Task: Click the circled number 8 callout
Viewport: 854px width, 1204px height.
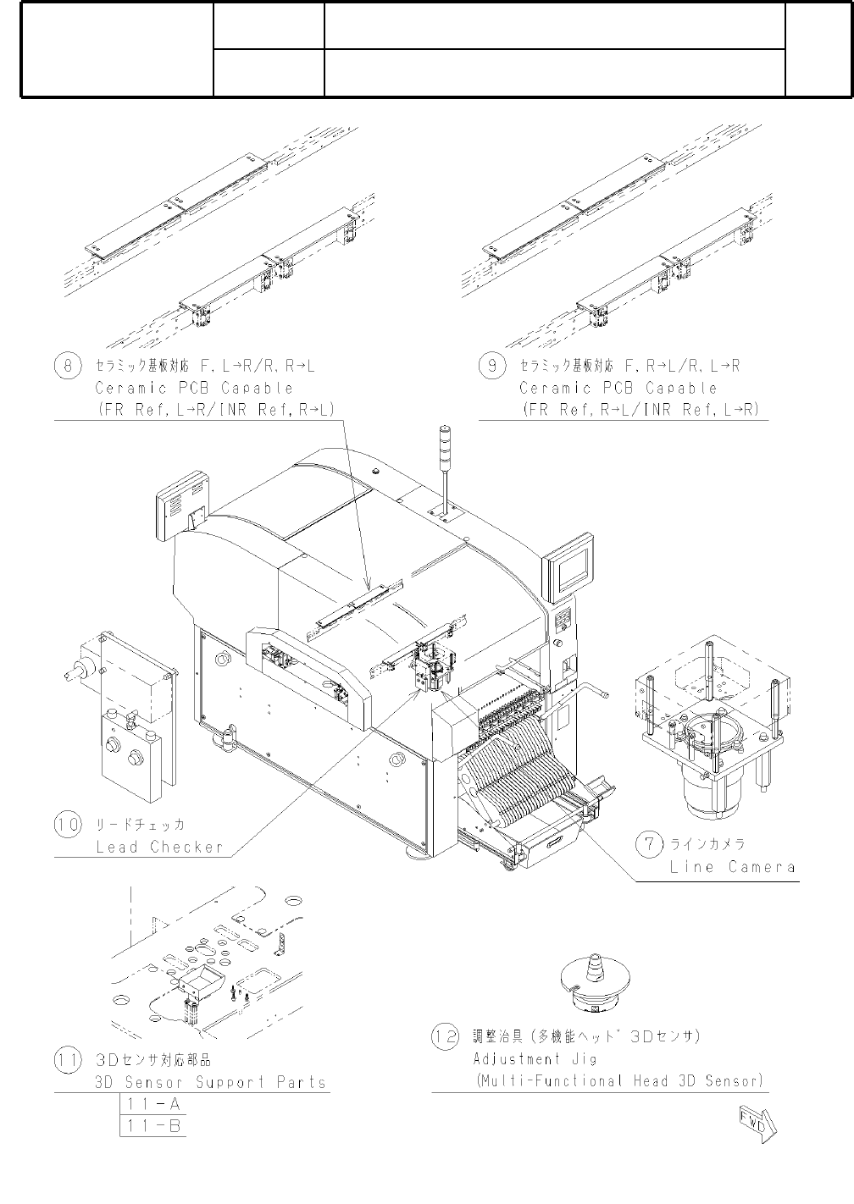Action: (x=68, y=366)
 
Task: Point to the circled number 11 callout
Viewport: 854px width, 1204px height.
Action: (x=68, y=1060)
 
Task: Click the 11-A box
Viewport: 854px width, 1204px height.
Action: (x=152, y=1105)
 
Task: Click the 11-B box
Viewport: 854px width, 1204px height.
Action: (x=152, y=1126)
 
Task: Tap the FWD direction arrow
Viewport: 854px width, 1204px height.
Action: (x=757, y=1123)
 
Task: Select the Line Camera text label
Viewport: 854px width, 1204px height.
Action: (x=732, y=867)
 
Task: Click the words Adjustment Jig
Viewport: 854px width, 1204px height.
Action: (x=535, y=1058)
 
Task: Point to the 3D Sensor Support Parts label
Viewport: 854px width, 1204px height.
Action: (x=210, y=1082)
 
